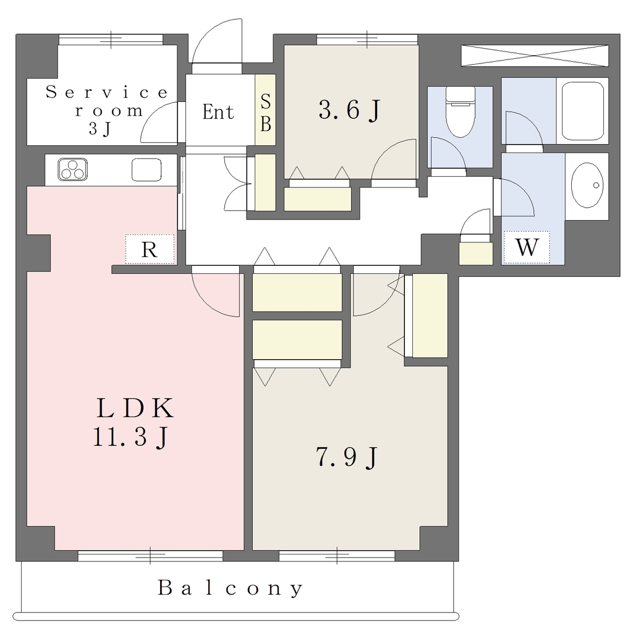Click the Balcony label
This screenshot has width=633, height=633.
coord(230,588)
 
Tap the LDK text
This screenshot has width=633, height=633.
coord(135,408)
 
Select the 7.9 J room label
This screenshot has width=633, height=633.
coord(347,457)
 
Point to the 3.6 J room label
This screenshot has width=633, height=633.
coord(350,109)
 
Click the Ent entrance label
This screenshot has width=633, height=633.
coord(218,112)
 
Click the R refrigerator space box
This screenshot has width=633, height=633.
coord(150,249)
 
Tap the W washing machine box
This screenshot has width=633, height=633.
coord(527,247)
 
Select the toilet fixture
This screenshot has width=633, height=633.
coord(461,113)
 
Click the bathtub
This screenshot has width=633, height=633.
coord(582,111)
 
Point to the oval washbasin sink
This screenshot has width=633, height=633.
coord(587,185)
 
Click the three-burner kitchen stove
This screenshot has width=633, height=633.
coord(73,169)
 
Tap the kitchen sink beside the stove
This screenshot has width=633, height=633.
coord(147,169)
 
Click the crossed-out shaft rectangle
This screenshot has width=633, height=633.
coord(535,55)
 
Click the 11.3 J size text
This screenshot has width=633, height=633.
coord(131,437)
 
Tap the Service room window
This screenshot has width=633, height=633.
coord(111,40)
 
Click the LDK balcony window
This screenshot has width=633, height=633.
coord(150,556)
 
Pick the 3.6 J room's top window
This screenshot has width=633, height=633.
coord(367,40)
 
